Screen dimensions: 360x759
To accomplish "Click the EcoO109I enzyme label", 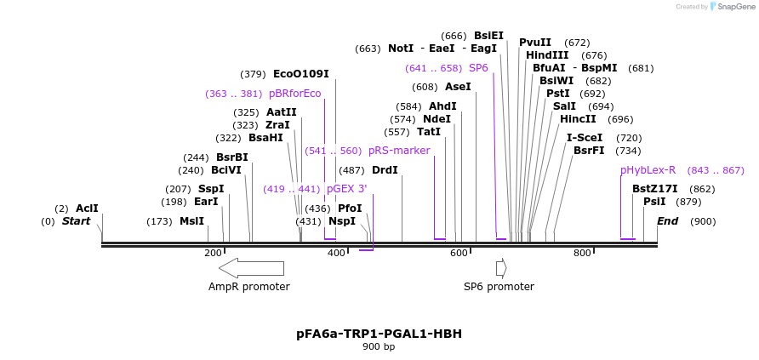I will pos(300,74).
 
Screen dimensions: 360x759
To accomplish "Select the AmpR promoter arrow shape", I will pos(251,268).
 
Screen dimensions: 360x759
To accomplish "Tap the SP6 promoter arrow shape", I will pos(501,268).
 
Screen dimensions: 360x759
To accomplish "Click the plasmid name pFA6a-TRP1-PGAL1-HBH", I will pos(379,334).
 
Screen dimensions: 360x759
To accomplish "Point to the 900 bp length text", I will pos(379,347).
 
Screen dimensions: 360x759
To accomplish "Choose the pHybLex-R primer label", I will pos(648,170).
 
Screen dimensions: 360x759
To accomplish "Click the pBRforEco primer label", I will pos(294,94).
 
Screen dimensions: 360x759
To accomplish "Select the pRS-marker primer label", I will pos(399,151).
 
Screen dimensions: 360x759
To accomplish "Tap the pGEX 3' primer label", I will pos(346,189).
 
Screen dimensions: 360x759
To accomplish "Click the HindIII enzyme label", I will pos(547,55).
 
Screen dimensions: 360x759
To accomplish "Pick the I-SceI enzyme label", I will pos(585,137).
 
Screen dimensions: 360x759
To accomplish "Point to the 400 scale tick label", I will pos(336,253).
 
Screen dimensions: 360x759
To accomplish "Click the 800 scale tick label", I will pos(582,253).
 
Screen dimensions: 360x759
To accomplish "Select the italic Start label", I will pos(76,221).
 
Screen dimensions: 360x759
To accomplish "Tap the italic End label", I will pos(668,221).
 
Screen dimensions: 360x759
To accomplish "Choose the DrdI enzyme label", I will pos(385,170).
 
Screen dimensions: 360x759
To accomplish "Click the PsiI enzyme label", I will pos(654,202).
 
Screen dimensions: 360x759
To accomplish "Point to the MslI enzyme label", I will pos(191,221).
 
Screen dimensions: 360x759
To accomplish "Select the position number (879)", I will pos(688,202).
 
